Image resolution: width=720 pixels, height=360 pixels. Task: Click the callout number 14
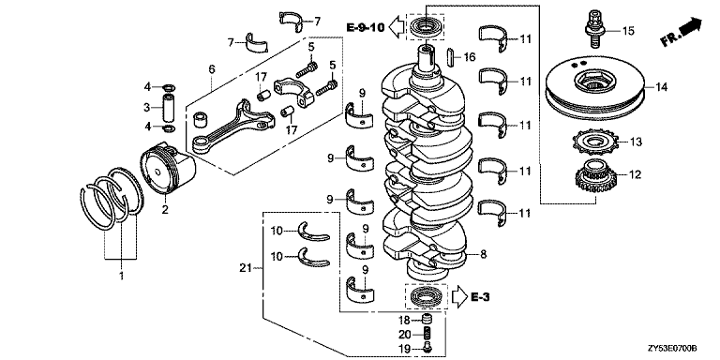661,87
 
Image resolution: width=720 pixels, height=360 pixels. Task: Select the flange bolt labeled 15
594,27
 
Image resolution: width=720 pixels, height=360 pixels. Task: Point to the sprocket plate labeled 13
596,142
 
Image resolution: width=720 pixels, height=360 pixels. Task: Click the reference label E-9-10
365,27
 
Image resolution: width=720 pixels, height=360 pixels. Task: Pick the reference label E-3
480,297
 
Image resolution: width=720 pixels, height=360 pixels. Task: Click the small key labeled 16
450,56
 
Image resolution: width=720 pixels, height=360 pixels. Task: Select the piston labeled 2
168,168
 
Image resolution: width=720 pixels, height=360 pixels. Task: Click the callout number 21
247,268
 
